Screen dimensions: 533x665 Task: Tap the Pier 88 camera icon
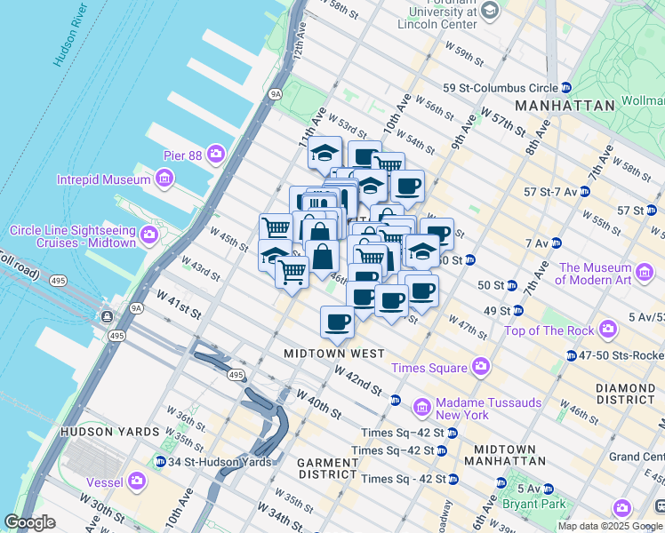216,155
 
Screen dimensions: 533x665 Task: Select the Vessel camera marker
136,481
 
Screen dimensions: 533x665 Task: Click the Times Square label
429,368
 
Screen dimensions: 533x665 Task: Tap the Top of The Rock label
549,330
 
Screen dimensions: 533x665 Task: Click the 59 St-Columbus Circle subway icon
565,88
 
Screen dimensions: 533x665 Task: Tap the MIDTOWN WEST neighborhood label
333,353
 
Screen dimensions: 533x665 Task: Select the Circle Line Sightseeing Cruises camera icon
148,236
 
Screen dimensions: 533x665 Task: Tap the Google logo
29,522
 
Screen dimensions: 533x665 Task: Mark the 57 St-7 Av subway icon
584,191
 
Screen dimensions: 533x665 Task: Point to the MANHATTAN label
564,105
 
